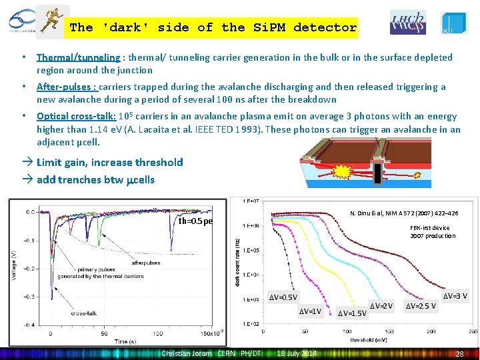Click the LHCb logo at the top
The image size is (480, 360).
(x=407, y=23)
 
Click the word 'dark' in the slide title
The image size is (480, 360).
(x=125, y=27)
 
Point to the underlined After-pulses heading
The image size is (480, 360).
(x=67, y=87)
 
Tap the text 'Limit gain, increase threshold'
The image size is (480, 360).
(x=109, y=162)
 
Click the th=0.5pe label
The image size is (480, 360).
(x=195, y=221)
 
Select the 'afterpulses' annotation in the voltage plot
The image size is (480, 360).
(x=146, y=263)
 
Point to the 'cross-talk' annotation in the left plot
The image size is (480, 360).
(x=84, y=313)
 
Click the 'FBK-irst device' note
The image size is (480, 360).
(x=429, y=228)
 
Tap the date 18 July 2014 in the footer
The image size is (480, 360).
(x=297, y=353)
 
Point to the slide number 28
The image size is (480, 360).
(x=459, y=353)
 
